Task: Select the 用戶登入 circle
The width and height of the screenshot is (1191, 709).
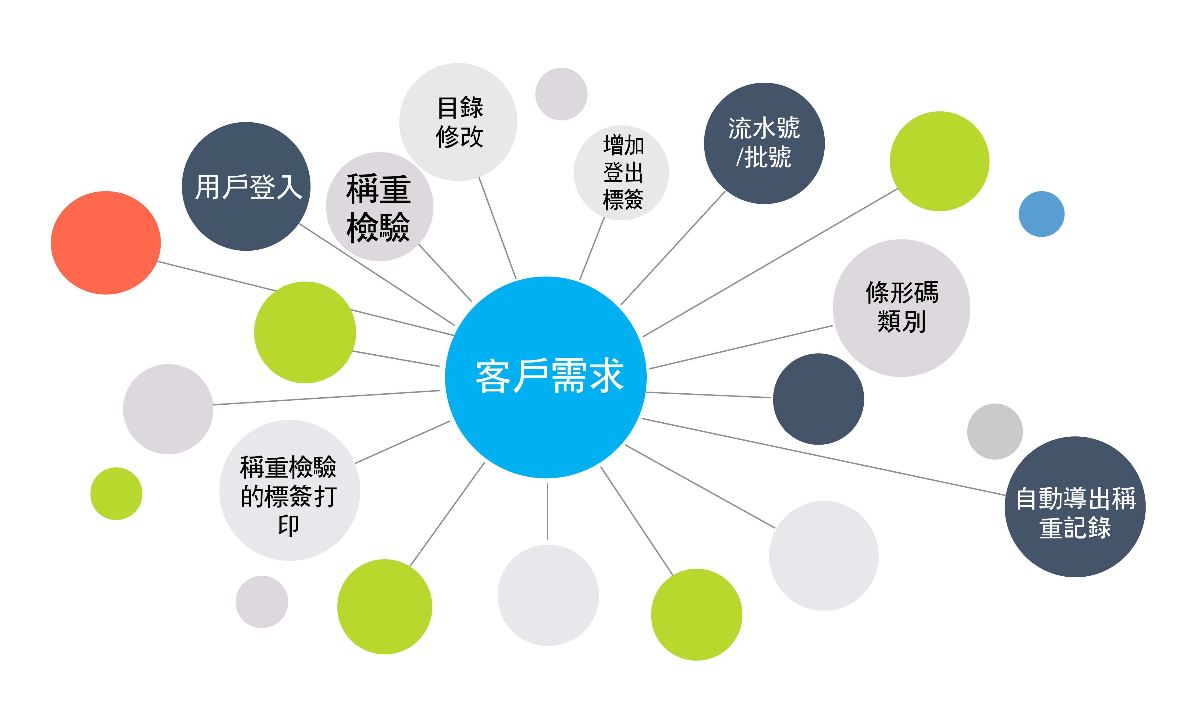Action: pyautogui.click(x=246, y=186)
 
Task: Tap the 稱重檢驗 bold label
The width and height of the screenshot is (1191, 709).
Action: pyautogui.click(x=379, y=208)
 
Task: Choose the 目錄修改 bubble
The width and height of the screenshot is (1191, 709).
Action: pyautogui.click(x=458, y=122)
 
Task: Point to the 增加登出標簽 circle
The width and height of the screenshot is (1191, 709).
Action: pyautogui.click(x=621, y=173)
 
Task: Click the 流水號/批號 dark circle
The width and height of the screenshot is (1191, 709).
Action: pyautogui.click(x=764, y=143)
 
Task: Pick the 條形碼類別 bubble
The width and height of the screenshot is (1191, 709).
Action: pyautogui.click(x=901, y=308)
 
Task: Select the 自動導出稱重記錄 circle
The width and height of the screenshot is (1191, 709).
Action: pyautogui.click(x=1075, y=507)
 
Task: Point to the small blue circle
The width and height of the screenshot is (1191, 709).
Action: pyautogui.click(x=1042, y=214)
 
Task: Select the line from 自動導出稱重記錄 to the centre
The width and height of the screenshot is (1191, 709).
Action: pyautogui.click(x=824, y=457)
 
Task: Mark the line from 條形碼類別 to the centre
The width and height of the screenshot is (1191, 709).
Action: pyautogui.click(x=741, y=347)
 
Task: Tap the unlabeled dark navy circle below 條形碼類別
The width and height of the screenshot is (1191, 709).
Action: pyautogui.click(x=818, y=399)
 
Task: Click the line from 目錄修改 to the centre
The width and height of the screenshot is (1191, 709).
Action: pyautogui.click(x=497, y=228)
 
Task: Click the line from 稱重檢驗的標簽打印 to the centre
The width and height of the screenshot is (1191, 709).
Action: pyautogui.click(x=402, y=442)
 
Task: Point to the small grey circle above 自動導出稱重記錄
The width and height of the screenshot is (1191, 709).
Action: pyautogui.click(x=995, y=431)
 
